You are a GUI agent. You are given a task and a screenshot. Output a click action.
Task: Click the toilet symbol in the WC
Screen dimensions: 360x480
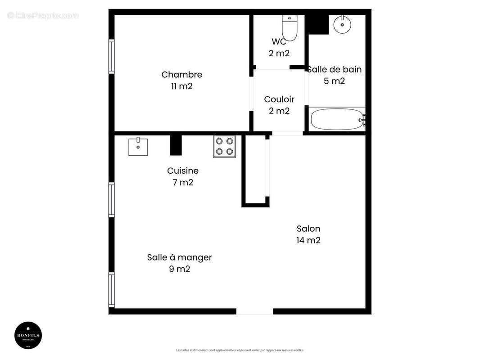288,28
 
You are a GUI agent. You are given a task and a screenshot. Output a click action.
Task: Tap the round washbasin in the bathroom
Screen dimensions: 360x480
342,25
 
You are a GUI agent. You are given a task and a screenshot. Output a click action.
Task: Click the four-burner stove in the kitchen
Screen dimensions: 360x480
224,146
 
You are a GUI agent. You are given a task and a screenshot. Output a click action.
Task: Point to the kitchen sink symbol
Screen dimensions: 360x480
138,147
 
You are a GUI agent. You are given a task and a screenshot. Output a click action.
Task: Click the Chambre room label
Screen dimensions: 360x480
181,75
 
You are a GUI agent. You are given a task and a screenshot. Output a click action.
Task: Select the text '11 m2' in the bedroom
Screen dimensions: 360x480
181,86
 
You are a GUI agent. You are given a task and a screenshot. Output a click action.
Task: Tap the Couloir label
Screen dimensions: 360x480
279,99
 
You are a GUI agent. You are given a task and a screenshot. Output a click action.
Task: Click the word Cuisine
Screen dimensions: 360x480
182,171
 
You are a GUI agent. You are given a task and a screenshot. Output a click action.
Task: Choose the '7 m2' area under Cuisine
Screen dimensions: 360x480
182,183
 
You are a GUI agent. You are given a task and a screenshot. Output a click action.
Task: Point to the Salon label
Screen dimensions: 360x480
308,229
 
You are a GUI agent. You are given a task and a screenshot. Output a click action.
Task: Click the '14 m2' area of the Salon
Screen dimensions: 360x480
308,240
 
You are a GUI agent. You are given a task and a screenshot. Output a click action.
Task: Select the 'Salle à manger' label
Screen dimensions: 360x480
179,257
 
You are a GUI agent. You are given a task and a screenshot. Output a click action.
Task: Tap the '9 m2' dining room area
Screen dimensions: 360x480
179,269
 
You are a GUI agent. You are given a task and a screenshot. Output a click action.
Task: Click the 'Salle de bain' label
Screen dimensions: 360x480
335,69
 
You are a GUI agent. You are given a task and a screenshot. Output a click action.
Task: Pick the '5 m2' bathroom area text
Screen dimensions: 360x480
334,81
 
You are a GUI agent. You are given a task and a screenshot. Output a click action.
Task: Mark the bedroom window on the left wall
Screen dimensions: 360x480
111,56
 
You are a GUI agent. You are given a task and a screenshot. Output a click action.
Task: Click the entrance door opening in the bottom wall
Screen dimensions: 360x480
254,311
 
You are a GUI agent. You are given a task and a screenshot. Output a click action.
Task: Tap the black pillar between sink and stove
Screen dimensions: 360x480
176,145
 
